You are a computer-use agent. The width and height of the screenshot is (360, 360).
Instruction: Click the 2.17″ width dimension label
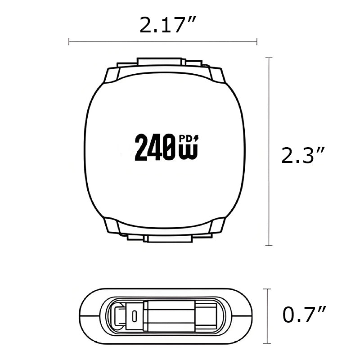click(162, 26)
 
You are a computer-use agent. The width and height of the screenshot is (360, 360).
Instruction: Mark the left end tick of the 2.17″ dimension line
click(69, 42)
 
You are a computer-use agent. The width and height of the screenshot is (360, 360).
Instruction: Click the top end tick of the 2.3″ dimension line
click(269, 58)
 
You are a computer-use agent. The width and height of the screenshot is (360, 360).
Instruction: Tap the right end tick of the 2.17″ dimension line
click(256, 42)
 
